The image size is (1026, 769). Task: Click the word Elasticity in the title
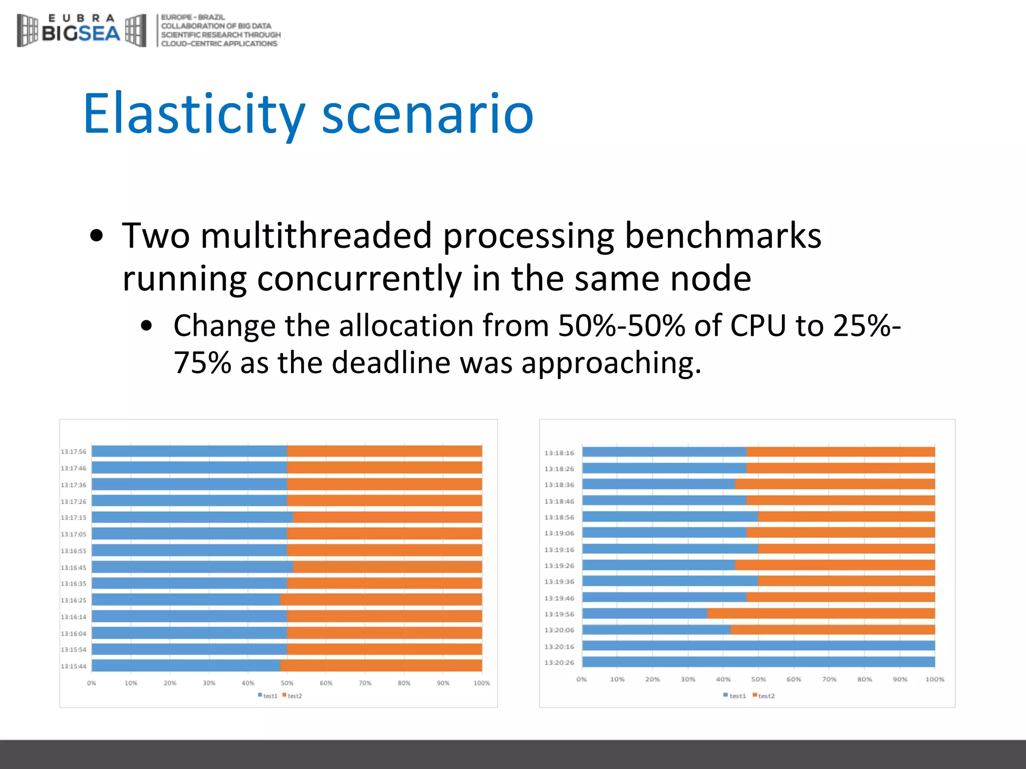tap(194, 114)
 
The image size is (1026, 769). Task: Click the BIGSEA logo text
tap(81, 33)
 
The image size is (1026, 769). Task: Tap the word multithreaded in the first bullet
tap(316, 235)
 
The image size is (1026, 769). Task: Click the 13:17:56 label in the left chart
tap(74, 452)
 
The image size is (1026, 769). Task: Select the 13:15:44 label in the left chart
tap(74, 666)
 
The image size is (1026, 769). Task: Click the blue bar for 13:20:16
tap(758, 646)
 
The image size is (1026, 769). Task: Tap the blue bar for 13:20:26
tap(758, 662)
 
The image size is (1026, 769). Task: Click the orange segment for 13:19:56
tap(821, 614)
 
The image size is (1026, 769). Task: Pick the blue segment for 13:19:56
tap(644, 614)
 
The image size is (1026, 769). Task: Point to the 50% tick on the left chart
tap(287, 683)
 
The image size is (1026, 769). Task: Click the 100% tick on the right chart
tap(935, 679)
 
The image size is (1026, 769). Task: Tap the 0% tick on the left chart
tap(92, 683)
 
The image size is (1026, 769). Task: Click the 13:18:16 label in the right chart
tap(559, 453)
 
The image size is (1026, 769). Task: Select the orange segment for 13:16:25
tap(381, 600)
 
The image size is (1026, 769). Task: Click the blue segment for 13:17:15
tap(192, 517)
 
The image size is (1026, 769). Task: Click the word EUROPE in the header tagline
tap(176, 17)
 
